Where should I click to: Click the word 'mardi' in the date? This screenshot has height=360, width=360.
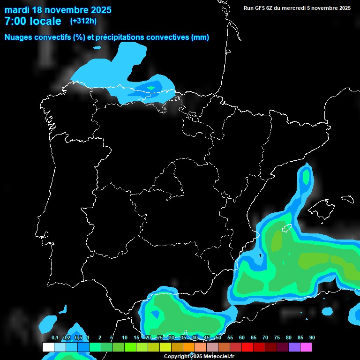coord(18,10)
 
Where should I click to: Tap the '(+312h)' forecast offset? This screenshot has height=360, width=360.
coord(83,21)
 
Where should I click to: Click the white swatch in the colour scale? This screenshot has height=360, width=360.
coord(48,347)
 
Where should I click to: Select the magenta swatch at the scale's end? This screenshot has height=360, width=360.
coord(306,347)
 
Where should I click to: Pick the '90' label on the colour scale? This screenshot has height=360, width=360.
coord(312,338)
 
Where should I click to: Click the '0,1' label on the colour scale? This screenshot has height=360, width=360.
coord(55,338)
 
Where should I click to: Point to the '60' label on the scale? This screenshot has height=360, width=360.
coord(241,338)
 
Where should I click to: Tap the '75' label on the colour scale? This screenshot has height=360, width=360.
coord(277,338)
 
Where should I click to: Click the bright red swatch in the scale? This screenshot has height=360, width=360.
coord(247,347)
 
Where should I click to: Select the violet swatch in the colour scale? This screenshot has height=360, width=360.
coord(294,347)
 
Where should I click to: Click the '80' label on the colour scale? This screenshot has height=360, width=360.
coord(288,338)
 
